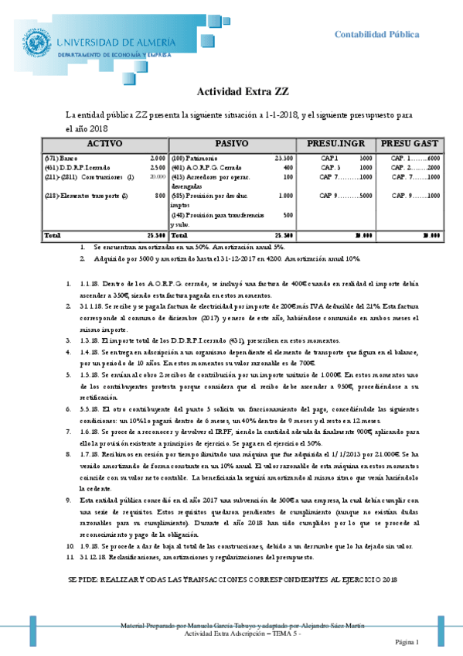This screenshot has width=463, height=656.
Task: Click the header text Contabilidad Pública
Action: click(x=376, y=34)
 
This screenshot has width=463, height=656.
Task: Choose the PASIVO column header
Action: click(x=231, y=144)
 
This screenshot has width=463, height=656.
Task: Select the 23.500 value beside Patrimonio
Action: click(x=284, y=158)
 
